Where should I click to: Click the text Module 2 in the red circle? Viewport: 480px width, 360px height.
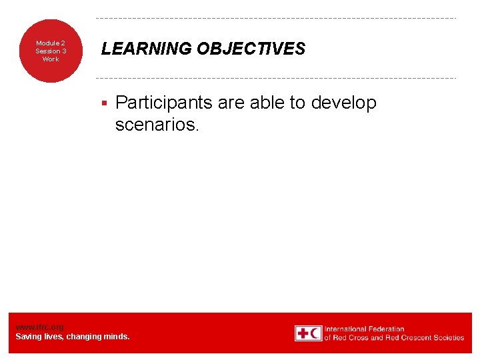tap(51, 43)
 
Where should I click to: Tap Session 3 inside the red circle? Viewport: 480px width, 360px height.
tap(51, 51)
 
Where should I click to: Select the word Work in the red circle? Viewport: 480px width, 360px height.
tap(51, 59)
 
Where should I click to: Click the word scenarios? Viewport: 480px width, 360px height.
tap(157, 124)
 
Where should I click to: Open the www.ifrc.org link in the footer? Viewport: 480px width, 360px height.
tap(40, 327)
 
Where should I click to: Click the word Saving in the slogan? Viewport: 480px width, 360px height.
tap(29, 337)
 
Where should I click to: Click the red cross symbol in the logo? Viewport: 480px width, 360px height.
tap(303, 333)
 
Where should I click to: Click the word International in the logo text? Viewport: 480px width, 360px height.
tap(346, 329)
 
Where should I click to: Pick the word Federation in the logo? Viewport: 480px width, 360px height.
tap(387, 329)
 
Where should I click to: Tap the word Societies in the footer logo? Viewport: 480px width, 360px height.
tap(448, 337)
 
